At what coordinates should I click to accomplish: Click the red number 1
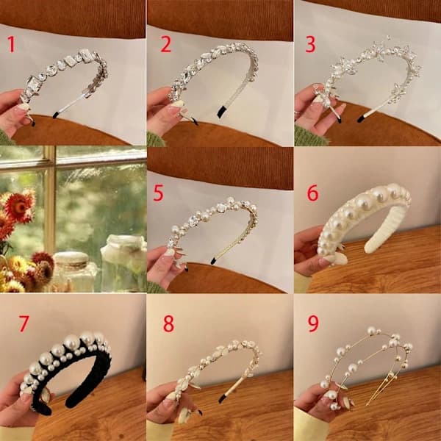pos(11,44)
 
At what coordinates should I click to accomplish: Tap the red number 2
pos(165,44)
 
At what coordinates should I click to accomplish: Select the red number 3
pos(310,44)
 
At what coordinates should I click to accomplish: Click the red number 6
pos(313,193)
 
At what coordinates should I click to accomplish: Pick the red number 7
pos(24,323)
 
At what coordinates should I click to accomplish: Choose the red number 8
pos(169,323)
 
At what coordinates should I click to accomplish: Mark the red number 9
pos(313,323)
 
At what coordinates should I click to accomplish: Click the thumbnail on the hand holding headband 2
pos(177,104)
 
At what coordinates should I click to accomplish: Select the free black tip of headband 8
pos(222,398)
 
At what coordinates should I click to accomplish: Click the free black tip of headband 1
pos(56,115)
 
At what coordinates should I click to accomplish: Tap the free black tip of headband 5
pos(213,261)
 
